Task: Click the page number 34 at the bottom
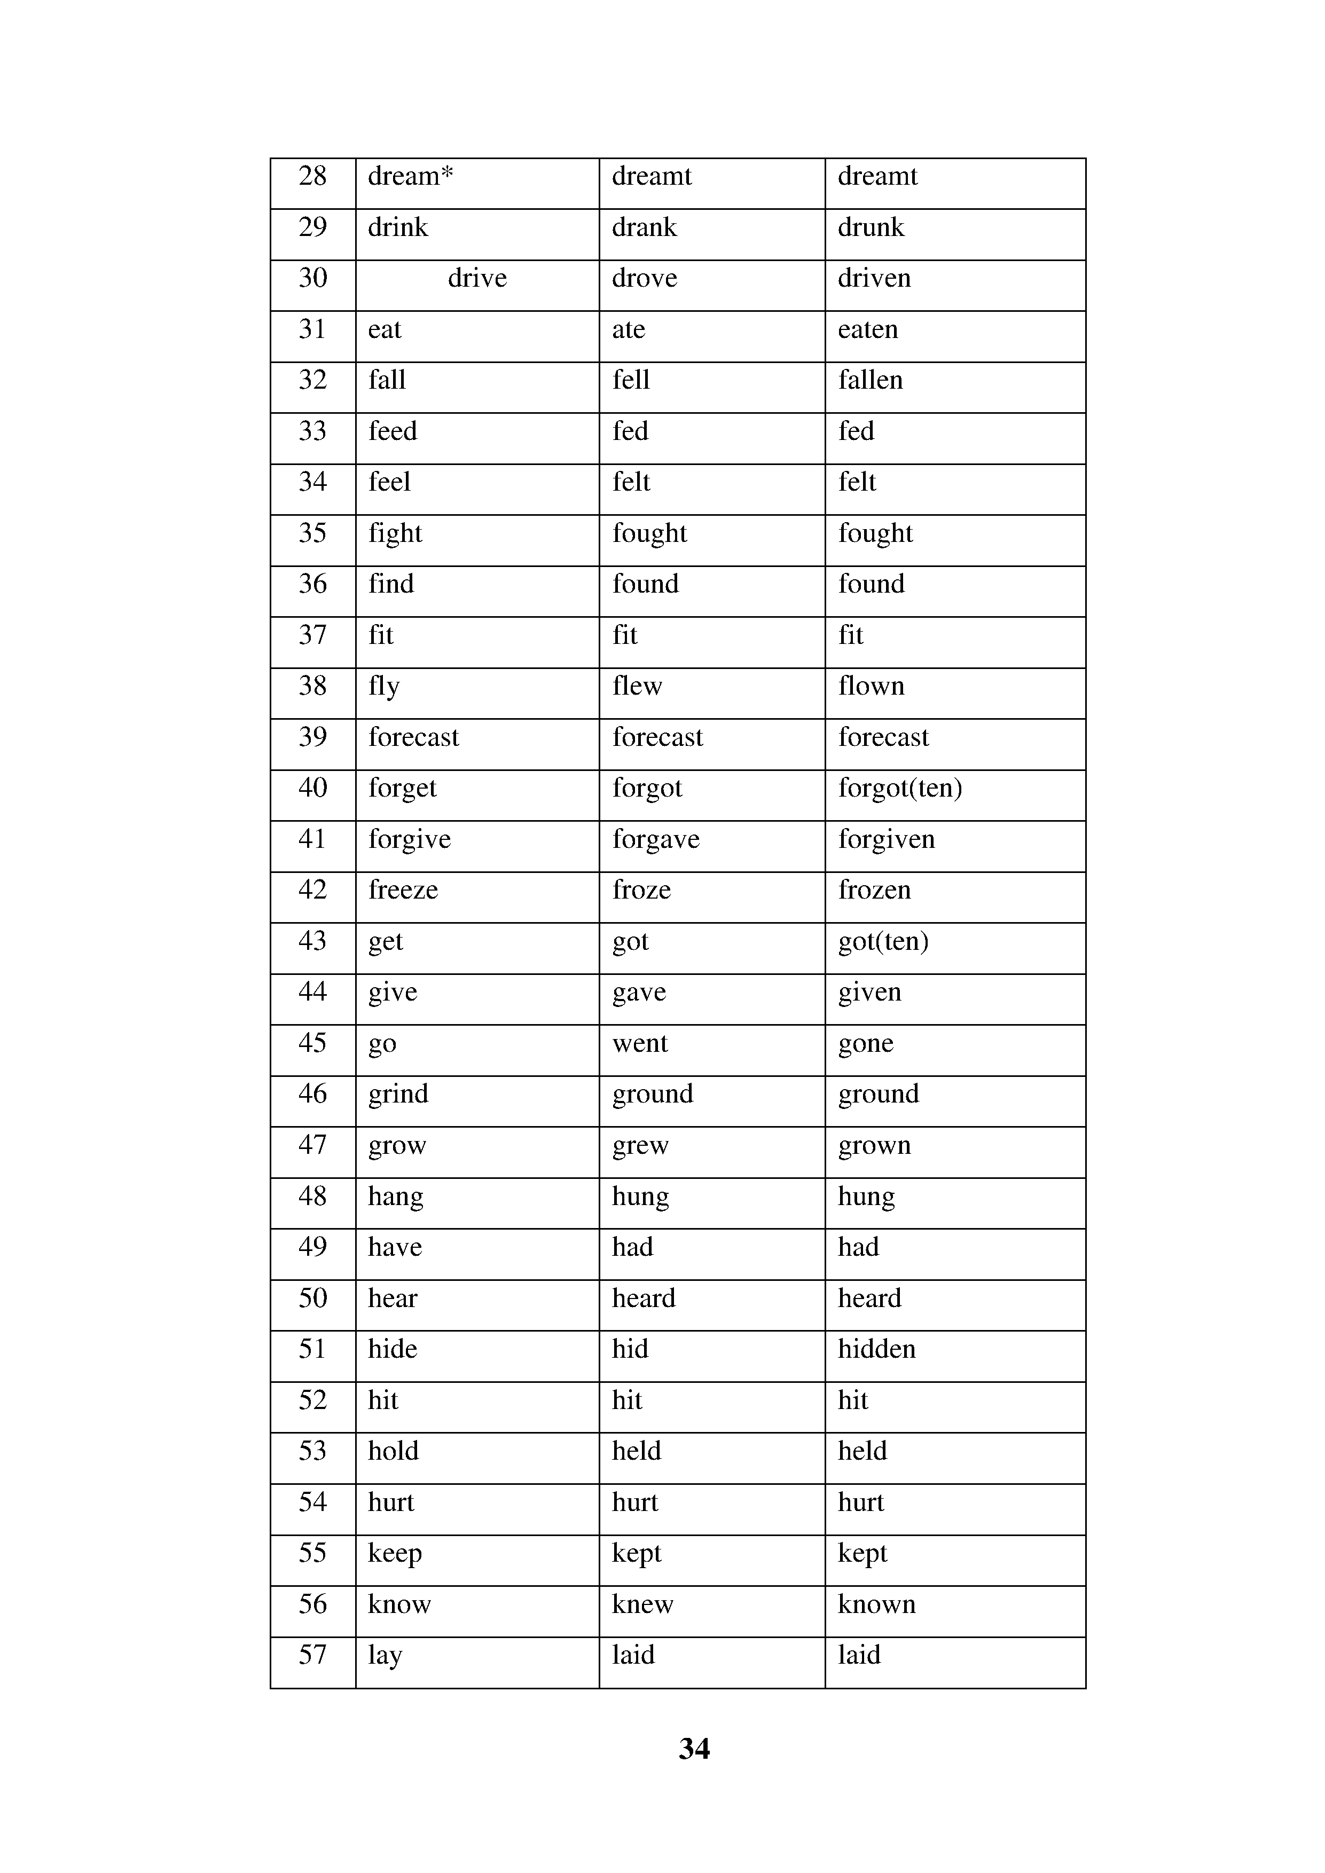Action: pyautogui.click(x=694, y=1749)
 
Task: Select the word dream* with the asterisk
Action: pyautogui.click(x=410, y=176)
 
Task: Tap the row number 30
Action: pyautogui.click(x=312, y=278)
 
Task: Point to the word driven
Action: pyautogui.click(x=874, y=278)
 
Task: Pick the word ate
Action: pyautogui.click(x=628, y=329)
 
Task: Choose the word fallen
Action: pyautogui.click(x=871, y=380)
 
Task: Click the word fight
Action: pyautogui.click(x=395, y=533)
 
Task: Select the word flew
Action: pyautogui.click(x=637, y=686)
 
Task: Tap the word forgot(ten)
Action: pyautogui.click(x=900, y=788)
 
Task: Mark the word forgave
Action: pyautogui.click(x=656, y=839)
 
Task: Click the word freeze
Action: pyautogui.click(x=403, y=890)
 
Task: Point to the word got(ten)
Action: pyautogui.click(x=883, y=941)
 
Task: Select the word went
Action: pyautogui.click(x=640, y=1043)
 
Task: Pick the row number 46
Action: pyautogui.click(x=312, y=1094)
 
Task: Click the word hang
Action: pyautogui.click(x=396, y=1197)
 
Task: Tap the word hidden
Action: pyautogui.click(x=876, y=1349)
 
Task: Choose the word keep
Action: pyautogui.click(x=395, y=1553)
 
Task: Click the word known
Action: pyautogui.click(x=876, y=1604)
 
